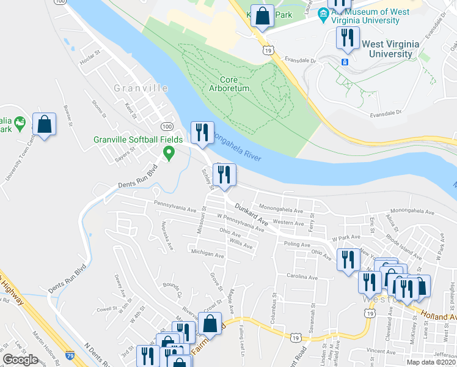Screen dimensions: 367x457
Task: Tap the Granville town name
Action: pyautogui.click(x=141, y=88)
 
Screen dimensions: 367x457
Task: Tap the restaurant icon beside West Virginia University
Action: pyautogui.click(x=346, y=38)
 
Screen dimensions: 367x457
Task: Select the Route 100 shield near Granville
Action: pyautogui.click(x=166, y=126)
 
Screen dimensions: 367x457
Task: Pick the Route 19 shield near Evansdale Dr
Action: pyautogui.click(x=268, y=50)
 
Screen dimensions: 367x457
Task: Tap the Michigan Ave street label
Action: pyautogui.click(x=207, y=253)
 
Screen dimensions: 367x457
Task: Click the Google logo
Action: pyautogui.click(x=20, y=360)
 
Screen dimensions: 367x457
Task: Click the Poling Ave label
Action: pyautogui.click(x=298, y=243)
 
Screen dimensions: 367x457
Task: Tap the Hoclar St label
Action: pyautogui.click(x=89, y=62)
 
